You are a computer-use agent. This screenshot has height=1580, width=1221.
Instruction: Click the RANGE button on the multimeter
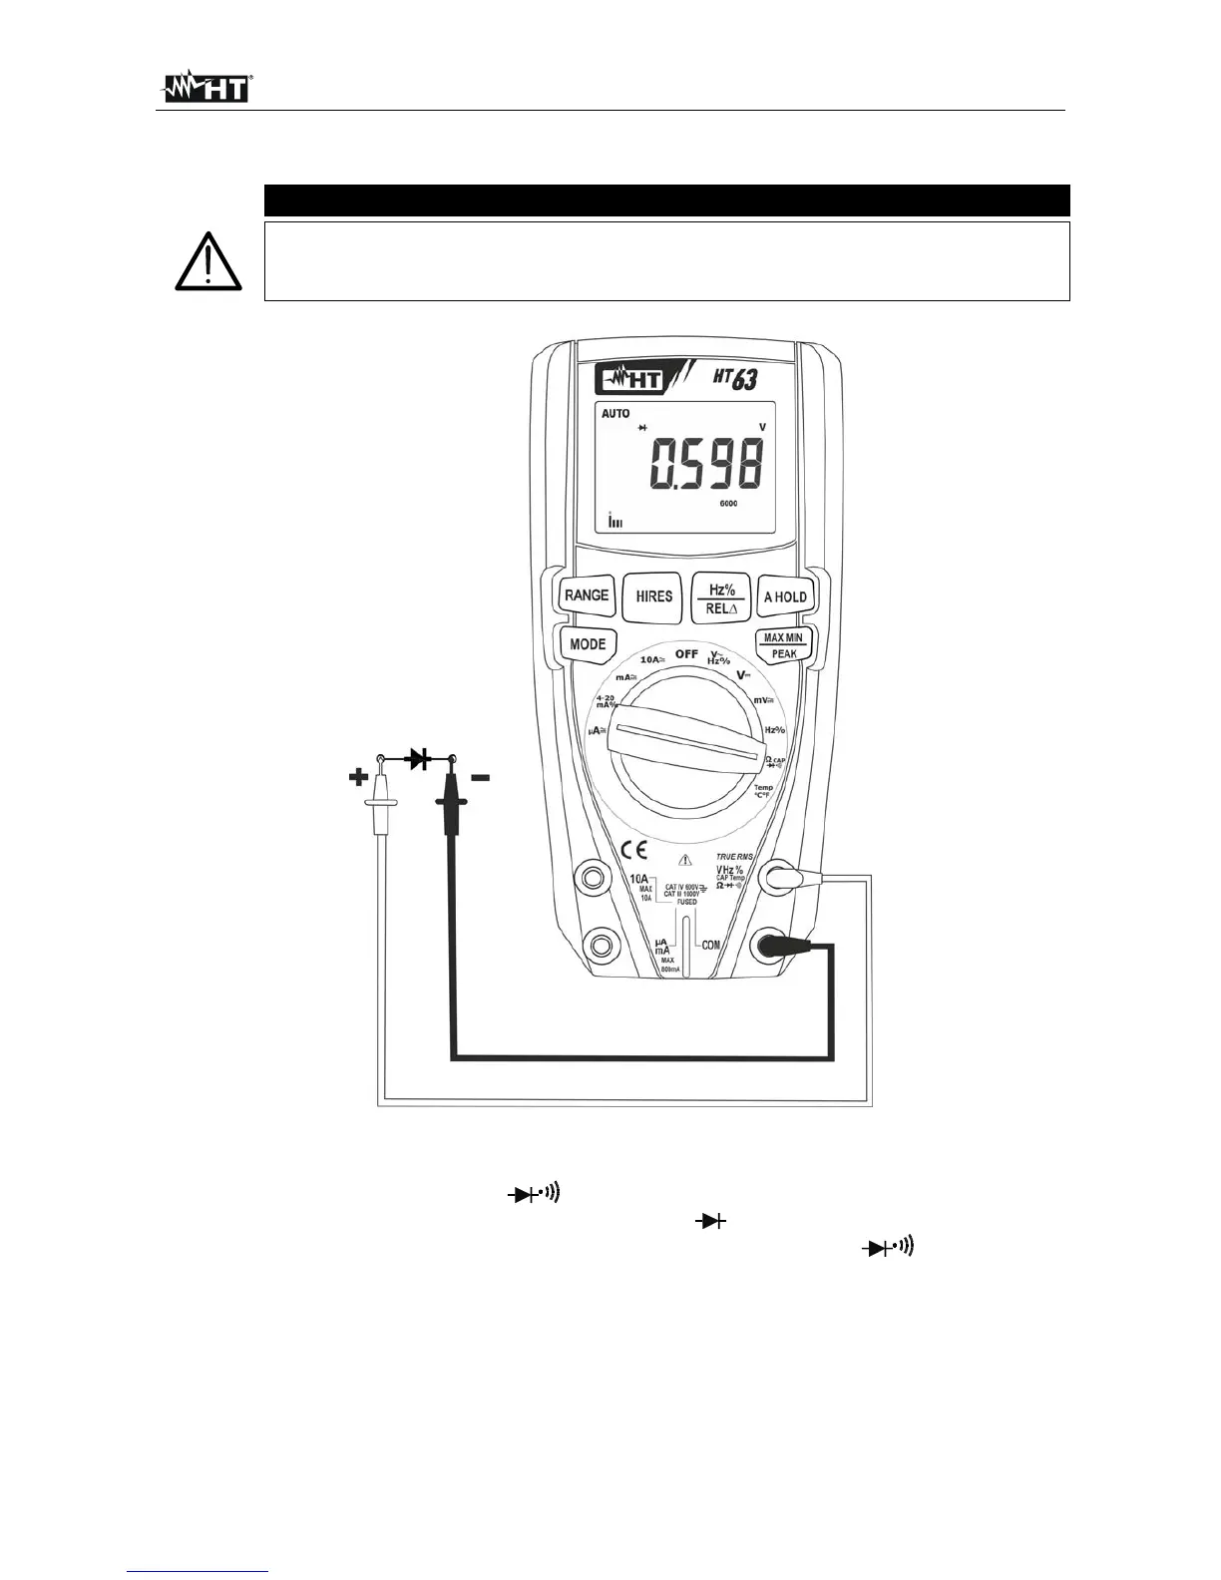click(x=586, y=595)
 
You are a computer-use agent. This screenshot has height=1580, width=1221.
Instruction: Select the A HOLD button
click(x=785, y=596)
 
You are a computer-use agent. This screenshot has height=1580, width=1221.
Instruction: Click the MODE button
click(x=588, y=644)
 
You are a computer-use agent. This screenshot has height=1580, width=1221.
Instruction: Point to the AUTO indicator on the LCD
click(x=615, y=414)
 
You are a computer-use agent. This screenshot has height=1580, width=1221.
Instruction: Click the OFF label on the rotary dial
click(x=686, y=653)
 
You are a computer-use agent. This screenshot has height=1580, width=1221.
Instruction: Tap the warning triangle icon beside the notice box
click(x=206, y=262)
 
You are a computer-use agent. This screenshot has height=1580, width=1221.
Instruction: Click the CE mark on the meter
click(x=634, y=850)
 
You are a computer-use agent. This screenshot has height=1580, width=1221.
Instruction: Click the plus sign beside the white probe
click(x=358, y=777)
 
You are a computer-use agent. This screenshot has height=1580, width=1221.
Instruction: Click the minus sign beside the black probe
click(x=480, y=777)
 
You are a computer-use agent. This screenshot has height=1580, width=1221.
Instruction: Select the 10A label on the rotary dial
click(x=652, y=659)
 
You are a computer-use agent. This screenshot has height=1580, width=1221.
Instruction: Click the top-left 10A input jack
click(x=594, y=878)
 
